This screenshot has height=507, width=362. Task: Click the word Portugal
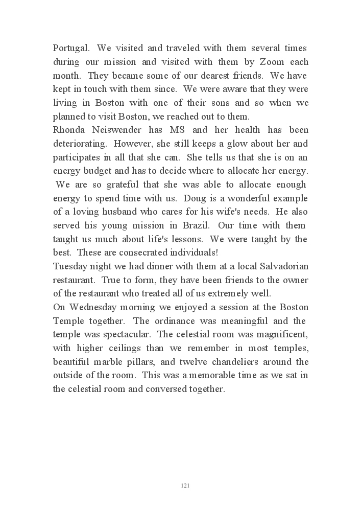pyautogui.click(x=72, y=49)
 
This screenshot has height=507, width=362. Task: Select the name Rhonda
pyautogui.click(x=70, y=130)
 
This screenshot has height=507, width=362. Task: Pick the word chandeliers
pyautogui.click(x=244, y=362)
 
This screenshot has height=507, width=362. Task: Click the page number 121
pyautogui.click(x=185, y=485)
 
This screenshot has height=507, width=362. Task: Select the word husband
pyautogui.click(x=130, y=212)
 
